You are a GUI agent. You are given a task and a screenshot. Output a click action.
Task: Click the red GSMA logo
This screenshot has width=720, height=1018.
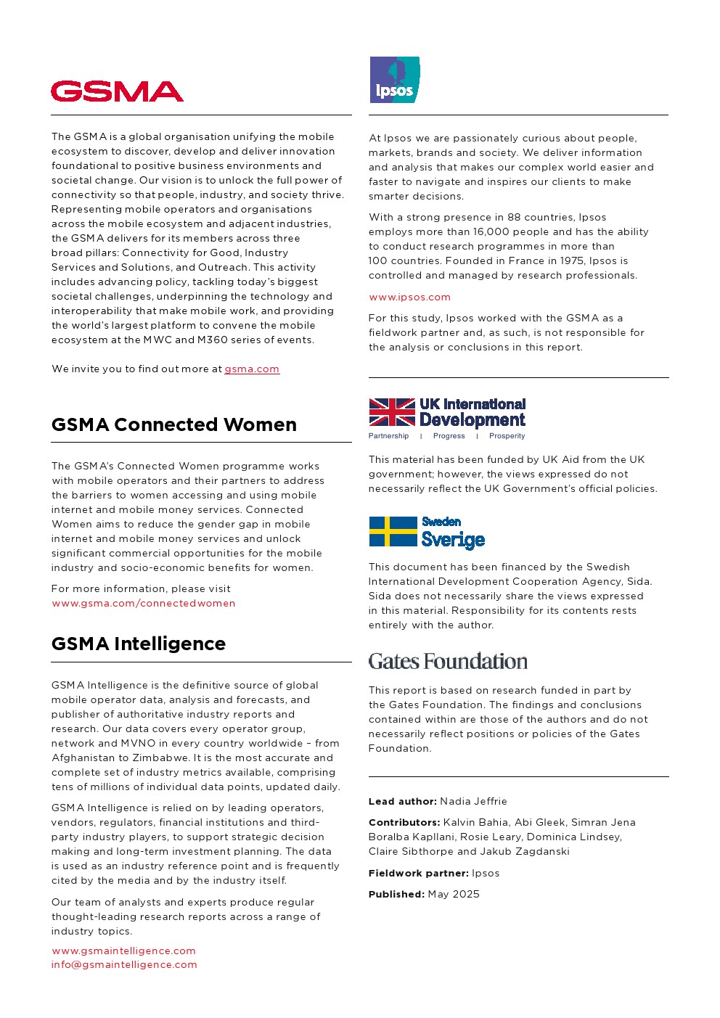coord(117,91)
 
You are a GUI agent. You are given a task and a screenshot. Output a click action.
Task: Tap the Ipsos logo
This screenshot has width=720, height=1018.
coord(394,81)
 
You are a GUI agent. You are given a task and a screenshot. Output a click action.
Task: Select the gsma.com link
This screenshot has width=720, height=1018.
coord(251,369)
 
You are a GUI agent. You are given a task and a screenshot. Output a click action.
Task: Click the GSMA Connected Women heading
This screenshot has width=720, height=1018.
coord(174,424)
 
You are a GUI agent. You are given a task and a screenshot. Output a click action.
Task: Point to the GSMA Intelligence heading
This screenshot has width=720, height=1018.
coord(139,644)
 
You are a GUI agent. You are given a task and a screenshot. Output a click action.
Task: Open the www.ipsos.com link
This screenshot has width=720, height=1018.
coord(409,297)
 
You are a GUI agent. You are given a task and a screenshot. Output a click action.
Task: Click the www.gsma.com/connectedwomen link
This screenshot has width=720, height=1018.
coord(144,604)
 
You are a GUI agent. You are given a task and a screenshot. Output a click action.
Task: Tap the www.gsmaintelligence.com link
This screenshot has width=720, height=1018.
coord(123,951)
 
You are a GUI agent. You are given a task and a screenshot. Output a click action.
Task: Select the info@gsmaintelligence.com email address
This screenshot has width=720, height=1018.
coord(124,965)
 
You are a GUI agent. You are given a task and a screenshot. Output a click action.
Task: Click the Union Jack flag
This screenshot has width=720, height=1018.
coord(392,412)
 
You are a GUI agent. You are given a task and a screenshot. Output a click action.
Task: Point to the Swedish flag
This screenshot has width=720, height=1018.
coord(393,532)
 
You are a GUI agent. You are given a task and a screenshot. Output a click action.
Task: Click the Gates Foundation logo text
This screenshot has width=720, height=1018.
coord(448,662)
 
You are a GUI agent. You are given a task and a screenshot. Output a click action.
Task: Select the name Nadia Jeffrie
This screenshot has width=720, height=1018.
coord(473,802)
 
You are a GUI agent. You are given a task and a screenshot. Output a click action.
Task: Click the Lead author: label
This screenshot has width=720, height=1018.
coord(402,802)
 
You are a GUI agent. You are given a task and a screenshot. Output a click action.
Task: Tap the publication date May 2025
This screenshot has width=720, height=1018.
coord(454,895)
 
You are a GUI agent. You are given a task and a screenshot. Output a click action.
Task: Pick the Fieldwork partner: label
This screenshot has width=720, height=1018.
coord(418,874)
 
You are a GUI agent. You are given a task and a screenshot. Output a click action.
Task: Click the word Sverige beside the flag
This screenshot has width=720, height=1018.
coord(453,540)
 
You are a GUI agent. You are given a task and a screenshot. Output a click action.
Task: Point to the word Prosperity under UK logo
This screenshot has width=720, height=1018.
coord(507,436)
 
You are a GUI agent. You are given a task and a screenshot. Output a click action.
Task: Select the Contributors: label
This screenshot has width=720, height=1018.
coord(404,823)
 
